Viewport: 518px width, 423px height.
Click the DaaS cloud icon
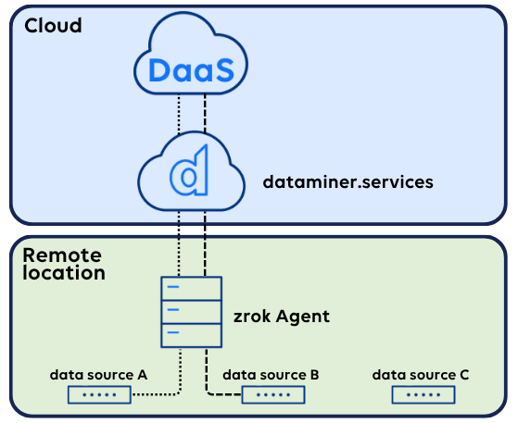pyautogui.click(x=191, y=54)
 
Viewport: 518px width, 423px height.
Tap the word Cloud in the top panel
pyautogui.click(x=53, y=25)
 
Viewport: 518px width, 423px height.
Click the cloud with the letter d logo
pyautogui.click(x=191, y=171)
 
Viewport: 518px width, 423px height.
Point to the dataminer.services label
pyautogui.click(x=347, y=182)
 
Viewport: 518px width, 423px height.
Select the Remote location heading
pyautogui.click(x=64, y=264)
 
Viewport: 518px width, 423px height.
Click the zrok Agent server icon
pyautogui.click(x=191, y=312)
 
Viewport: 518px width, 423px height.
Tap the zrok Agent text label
pyautogui.click(x=282, y=317)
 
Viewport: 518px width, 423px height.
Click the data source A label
pyautogui.click(x=98, y=375)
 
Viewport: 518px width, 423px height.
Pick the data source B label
pyautogui.click(x=271, y=375)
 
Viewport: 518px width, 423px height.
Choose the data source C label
pyautogui.click(x=421, y=375)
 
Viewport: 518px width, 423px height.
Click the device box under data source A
pyautogui.click(x=99, y=395)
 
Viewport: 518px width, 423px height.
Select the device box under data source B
pyautogui.click(x=273, y=395)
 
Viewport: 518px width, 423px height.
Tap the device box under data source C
pyautogui.click(x=423, y=395)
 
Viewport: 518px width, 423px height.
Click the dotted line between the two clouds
pyautogui.click(x=179, y=114)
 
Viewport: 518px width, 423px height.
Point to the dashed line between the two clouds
pyautogui.click(x=205, y=114)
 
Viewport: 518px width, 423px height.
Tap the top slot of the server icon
pyautogui.click(x=191, y=289)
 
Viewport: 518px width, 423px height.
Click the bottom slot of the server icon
pyautogui.click(x=191, y=335)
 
